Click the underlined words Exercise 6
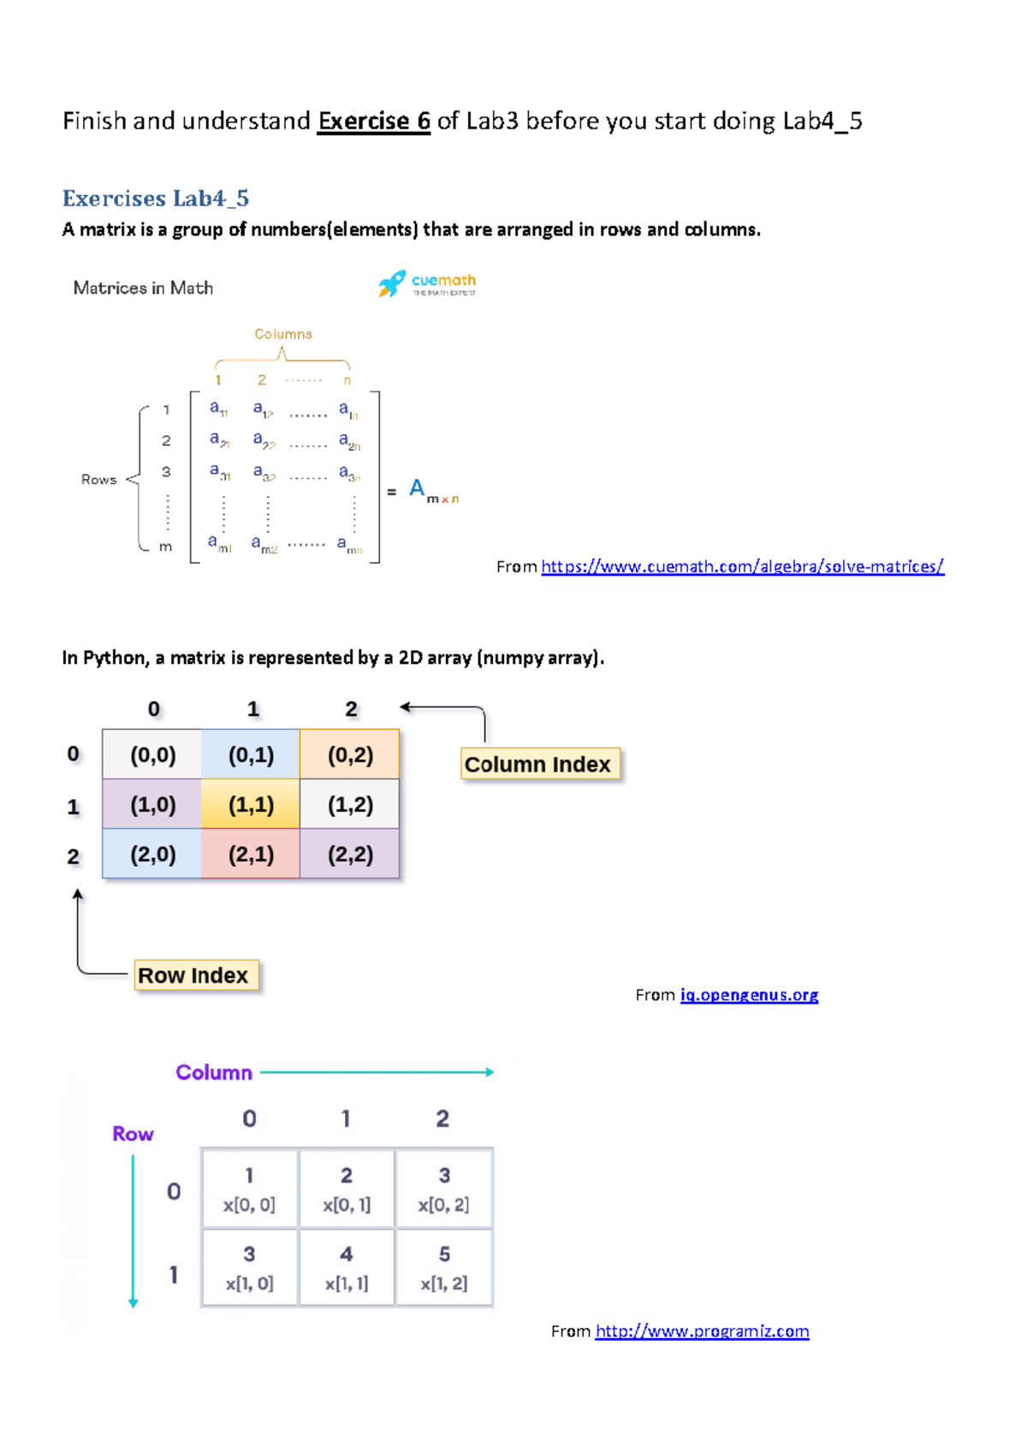click(x=373, y=121)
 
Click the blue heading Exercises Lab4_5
click(x=156, y=198)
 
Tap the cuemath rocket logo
click(x=392, y=283)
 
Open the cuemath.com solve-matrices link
click(x=742, y=566)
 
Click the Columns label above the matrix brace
click(x=282, y=334)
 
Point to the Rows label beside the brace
click(x=98, y=480)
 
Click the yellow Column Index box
click(x=538, y=764)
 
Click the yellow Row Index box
click(x=194, y=975)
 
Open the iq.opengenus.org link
click(x=749, y=995)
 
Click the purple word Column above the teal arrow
click(x=214, y=1072)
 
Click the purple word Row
click(x=133, y=1134)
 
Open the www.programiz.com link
click(x=702, y=1331)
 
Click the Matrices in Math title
click(x=143, y=288)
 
